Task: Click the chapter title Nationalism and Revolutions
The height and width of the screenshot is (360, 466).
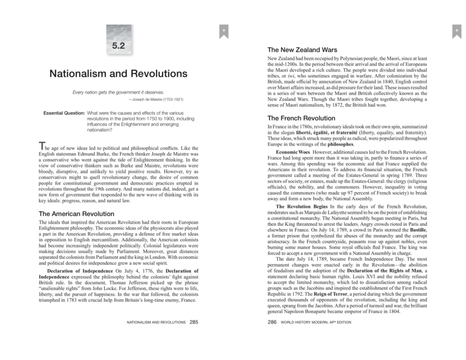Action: click(x=118, y=74)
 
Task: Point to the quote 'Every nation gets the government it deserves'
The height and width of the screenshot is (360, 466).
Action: click(x=118, y=92)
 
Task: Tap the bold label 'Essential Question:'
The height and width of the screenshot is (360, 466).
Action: click(x=64, y=113)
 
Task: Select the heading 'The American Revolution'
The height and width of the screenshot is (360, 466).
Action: click(x=77, y=214)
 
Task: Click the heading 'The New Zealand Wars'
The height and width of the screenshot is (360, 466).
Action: click(x=302, y=50)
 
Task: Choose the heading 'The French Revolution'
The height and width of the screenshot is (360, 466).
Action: click(x=301, y=118)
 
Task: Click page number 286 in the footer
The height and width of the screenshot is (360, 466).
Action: click(x=272, y=322)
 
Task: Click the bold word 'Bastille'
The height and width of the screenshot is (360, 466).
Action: click(x=418, y=230)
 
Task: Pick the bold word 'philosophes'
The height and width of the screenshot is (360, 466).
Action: click(x=341, y=144)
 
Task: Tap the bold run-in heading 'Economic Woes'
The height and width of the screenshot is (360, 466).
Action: click(x=293, y=151)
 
